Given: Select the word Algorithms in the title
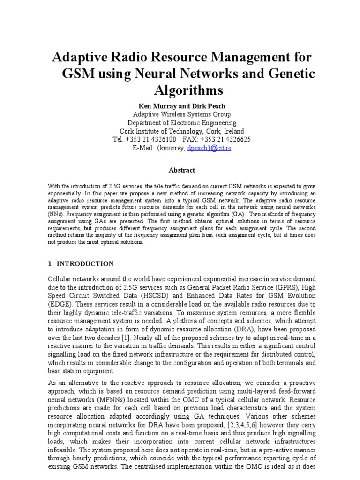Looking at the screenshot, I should click(180, 90).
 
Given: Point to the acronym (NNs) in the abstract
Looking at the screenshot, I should click(55, 212).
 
